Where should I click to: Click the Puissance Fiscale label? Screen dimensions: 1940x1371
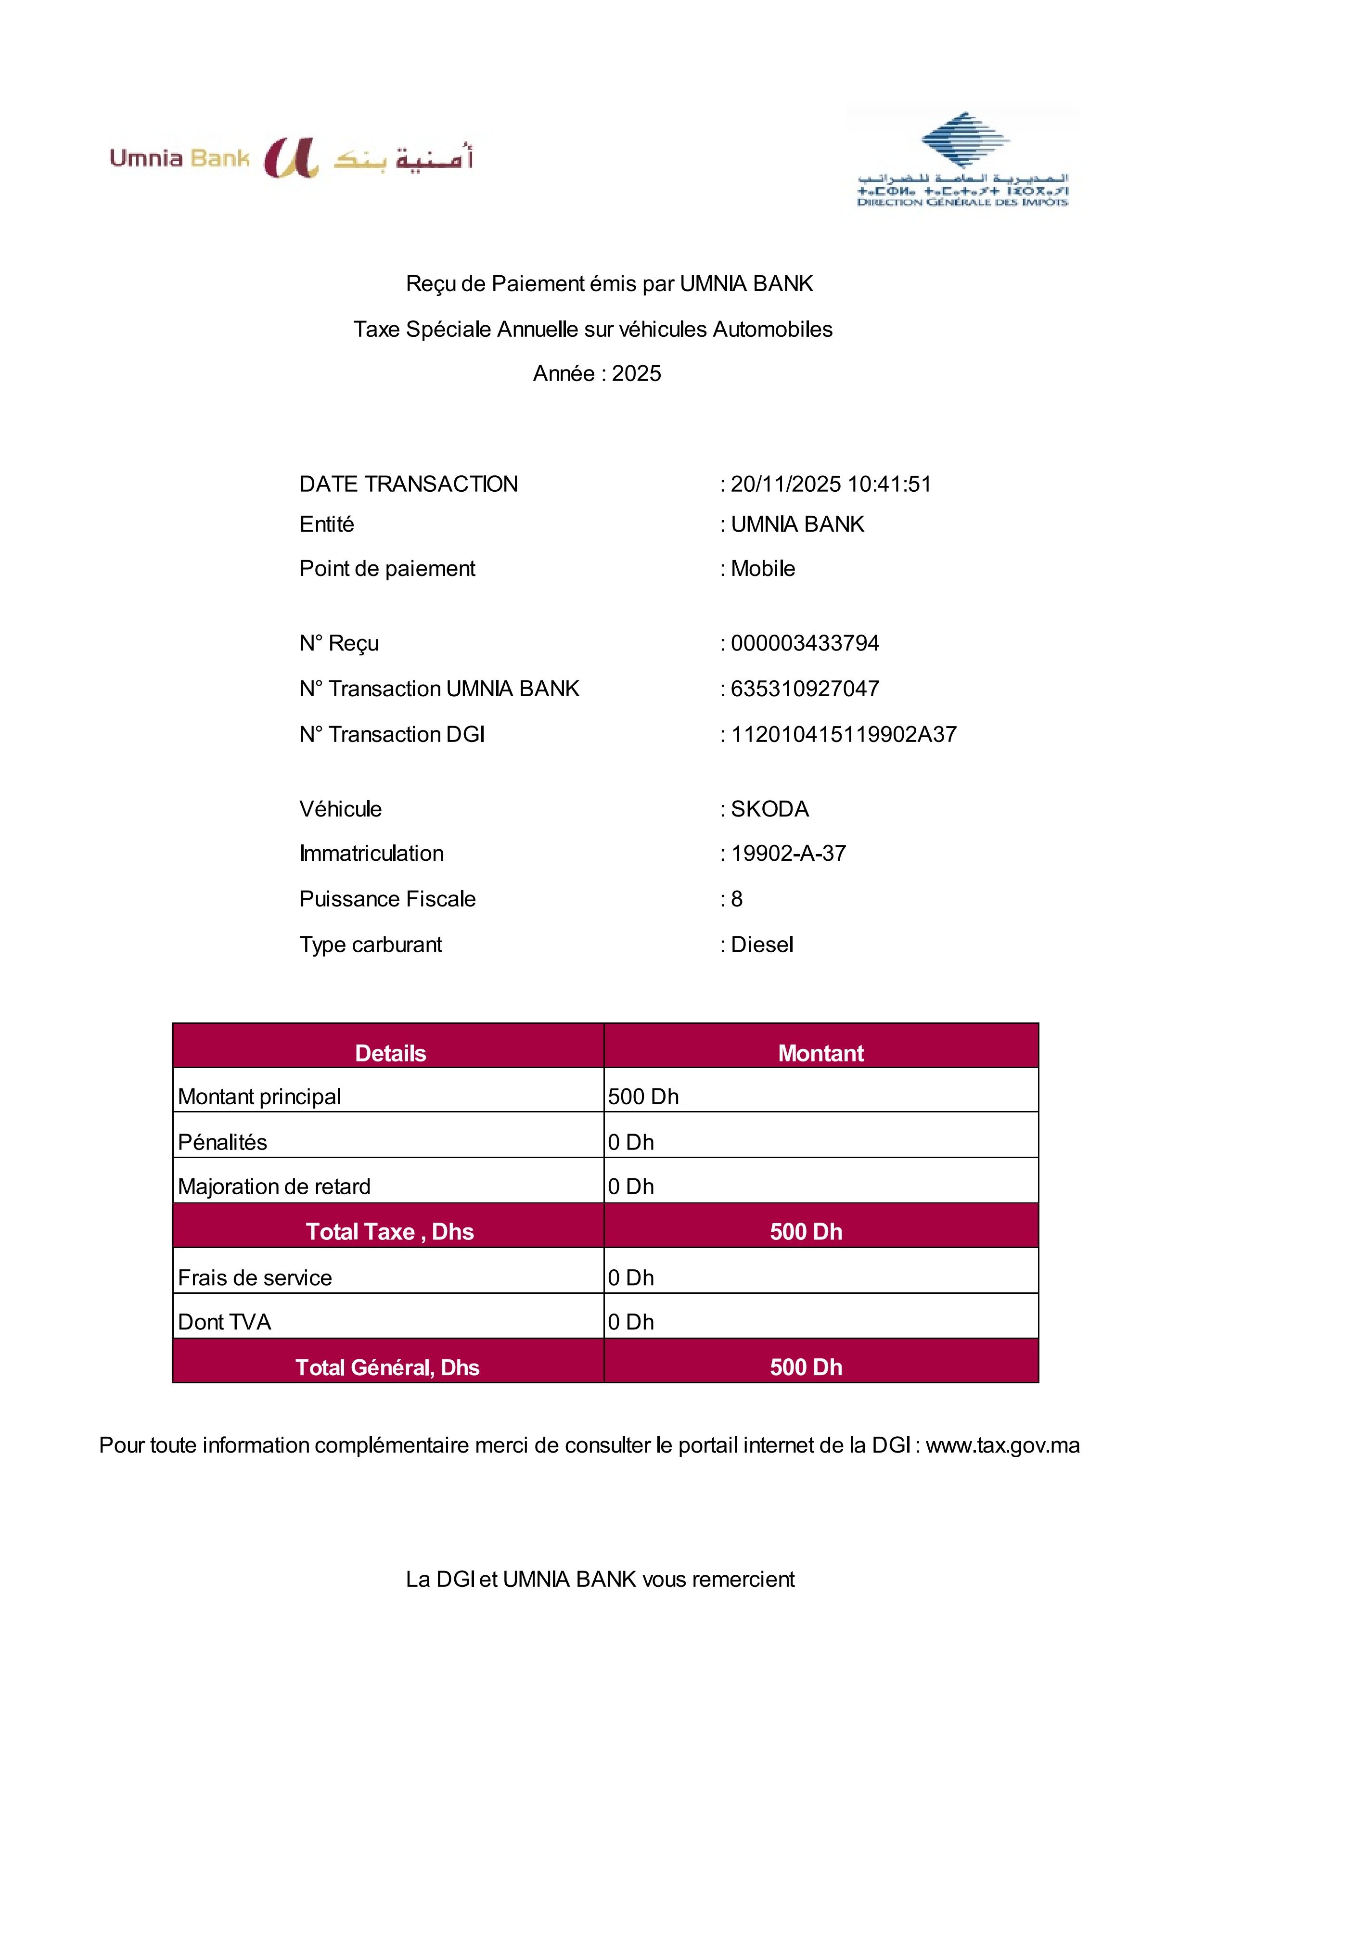coord(387,899)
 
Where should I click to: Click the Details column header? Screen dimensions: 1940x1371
coord(390,1053)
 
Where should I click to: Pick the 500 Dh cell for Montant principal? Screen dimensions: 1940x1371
coord(643,1097)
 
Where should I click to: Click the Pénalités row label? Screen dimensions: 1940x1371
coord(222,1142)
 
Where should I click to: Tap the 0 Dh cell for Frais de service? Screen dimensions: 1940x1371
coord(630,1277)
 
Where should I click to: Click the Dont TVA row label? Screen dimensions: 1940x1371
coord(224,1322)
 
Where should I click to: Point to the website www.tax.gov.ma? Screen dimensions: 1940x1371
coord(1002,1446)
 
